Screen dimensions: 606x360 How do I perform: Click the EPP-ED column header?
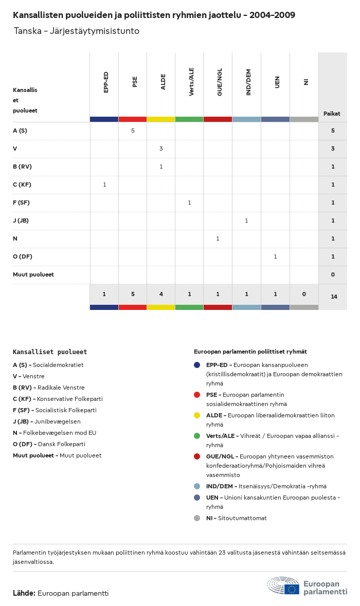(x=106, y=82)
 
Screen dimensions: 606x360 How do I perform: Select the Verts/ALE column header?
(x=191, y=82)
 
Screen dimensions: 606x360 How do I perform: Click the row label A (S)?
(x=20, y=131)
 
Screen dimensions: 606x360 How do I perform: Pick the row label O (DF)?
(x=23, y=256)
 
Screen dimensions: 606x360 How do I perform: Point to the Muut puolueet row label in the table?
(x=33, y=274)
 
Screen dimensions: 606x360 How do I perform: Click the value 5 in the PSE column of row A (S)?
(x=133, y=131)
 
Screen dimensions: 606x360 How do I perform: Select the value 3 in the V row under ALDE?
(x=161, y=149)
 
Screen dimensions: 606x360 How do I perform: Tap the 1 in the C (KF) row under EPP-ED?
(x=104, y=185)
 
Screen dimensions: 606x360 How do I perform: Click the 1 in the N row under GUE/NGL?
(x=218, y=238)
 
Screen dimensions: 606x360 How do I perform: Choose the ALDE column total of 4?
(x=161, y=294)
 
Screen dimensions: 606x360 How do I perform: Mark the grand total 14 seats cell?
(x=334, y=297)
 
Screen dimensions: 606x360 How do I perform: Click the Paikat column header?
(x=332, y=114)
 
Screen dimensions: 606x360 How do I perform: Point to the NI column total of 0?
(x=304, y=294)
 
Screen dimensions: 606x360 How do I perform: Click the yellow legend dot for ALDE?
(x=197, y=415)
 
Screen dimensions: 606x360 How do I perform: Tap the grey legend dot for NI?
(x=197, y=518)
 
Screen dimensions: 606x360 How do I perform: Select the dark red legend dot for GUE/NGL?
(x=197, y=456)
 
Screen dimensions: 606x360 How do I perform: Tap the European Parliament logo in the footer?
(x=307, y=586)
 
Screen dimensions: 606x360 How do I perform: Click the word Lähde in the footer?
(x=24, y=593)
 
